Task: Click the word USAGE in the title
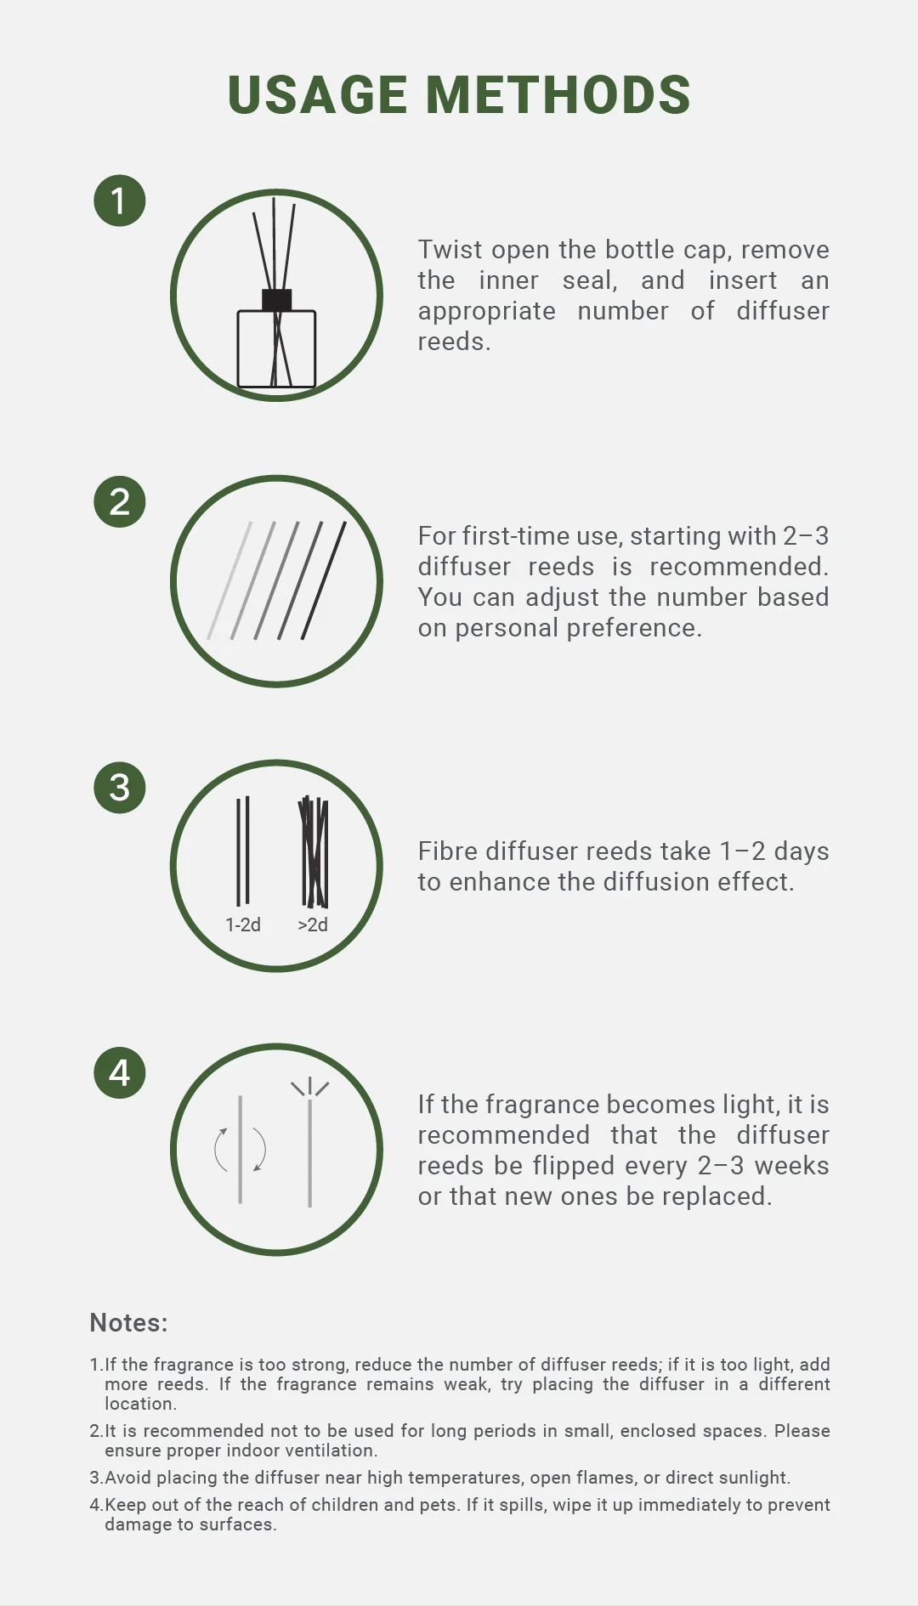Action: coord(318,94)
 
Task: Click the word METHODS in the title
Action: coord(558,94)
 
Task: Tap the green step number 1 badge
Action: coord(120,201)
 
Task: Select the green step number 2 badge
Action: coord(120,501)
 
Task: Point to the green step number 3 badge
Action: coord(120,787)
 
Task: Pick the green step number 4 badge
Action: coord(120,1072)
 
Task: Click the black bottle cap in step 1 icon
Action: coord(277,300)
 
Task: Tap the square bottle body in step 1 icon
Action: coord(277,349)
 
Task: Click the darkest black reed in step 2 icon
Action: coord(324,580)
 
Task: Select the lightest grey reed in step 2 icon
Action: coord(229,580)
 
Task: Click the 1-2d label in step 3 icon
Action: coord(243,925)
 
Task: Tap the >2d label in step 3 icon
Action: coord(313,925)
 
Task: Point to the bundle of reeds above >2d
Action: coord(314,851)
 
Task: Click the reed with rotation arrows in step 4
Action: coord(241,1150)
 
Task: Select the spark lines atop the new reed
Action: coord(310,1088)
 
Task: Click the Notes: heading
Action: coord(129,1322)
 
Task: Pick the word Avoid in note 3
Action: coord(128,1478)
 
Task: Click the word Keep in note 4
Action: coord(126,1505)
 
